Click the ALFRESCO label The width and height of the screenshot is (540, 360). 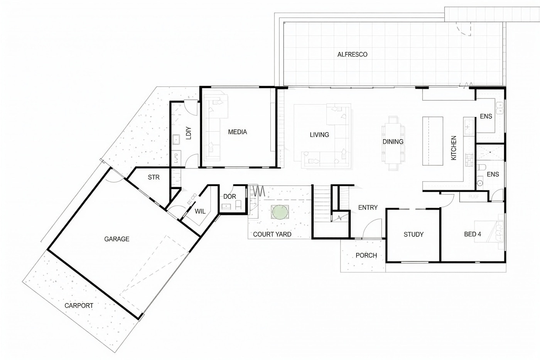point(352,54)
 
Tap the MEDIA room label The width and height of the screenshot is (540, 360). point(237,132)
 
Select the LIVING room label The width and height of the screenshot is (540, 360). point(319,135)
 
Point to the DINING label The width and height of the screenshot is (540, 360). point(393,142)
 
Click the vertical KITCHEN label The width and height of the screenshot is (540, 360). point(454,148)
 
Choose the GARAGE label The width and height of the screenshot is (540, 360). point(116,239)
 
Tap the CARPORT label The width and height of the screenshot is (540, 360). point(79,306)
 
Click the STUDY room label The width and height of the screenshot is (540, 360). point(413,234)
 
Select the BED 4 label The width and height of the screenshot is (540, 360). point(472,234)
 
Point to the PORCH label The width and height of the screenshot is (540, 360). point(366,255)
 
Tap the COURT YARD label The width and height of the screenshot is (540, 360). point(272,234)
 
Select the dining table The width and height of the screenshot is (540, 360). point(393,143)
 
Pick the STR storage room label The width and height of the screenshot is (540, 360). point(154,177)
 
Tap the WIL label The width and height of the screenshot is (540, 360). point(200,211)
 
